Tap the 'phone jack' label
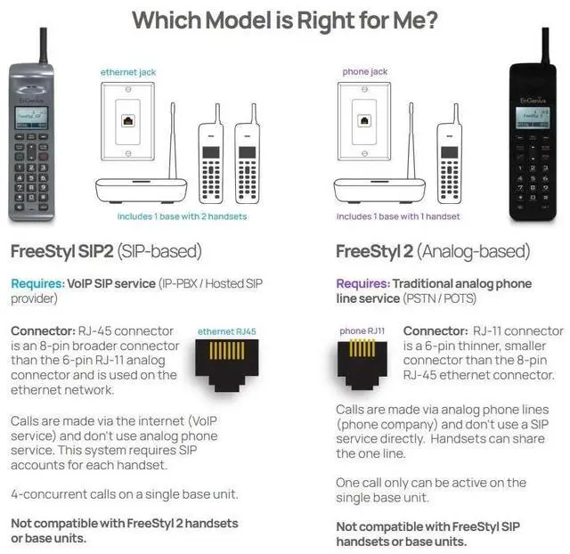[x=365, y=71]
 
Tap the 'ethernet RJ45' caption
[x=226, y=331]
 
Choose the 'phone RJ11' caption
[x=362, y=331]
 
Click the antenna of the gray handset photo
[x=42, y=45]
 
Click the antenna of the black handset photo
[x=543, y=45]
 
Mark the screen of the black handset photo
[x=535, y=116]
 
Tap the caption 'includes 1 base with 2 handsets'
[x=182, y=216]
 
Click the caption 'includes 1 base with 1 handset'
[x=398, y=216]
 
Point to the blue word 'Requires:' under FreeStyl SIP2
[x=37, y=283]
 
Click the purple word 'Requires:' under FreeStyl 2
[x=362, y=283]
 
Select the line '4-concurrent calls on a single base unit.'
[x=124, y=494]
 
